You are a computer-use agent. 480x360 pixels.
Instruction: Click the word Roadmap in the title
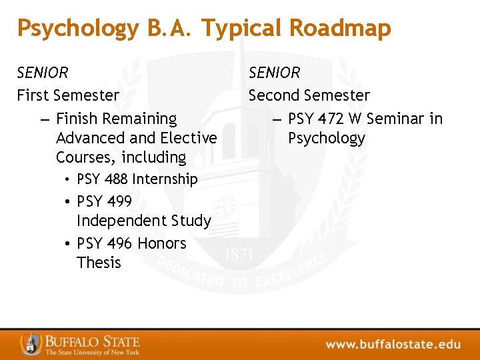[341, 28]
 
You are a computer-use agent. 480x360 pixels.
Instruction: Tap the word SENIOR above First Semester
[43, 72]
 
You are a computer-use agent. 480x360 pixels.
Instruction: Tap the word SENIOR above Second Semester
[275, 72]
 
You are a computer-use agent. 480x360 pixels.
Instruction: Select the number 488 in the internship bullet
[117, 179]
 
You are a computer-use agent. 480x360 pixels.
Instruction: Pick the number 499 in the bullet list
[118, 201]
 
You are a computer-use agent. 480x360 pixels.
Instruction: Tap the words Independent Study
[143, 221]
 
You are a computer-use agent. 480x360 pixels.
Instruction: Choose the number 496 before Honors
[118, 243]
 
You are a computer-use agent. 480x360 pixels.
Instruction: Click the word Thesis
[99, 263]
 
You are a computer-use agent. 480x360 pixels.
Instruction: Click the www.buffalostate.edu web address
[393, 344]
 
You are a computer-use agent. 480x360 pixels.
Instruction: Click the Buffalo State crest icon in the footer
[31, 343]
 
